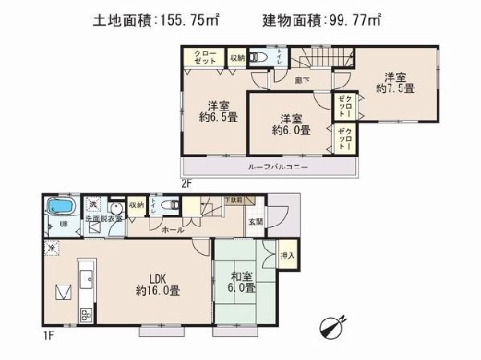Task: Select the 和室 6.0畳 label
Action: coord(240,282)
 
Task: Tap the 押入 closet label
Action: coord(289,257)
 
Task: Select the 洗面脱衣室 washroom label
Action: coord(103,217)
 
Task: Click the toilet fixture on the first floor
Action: coord(169,205)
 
